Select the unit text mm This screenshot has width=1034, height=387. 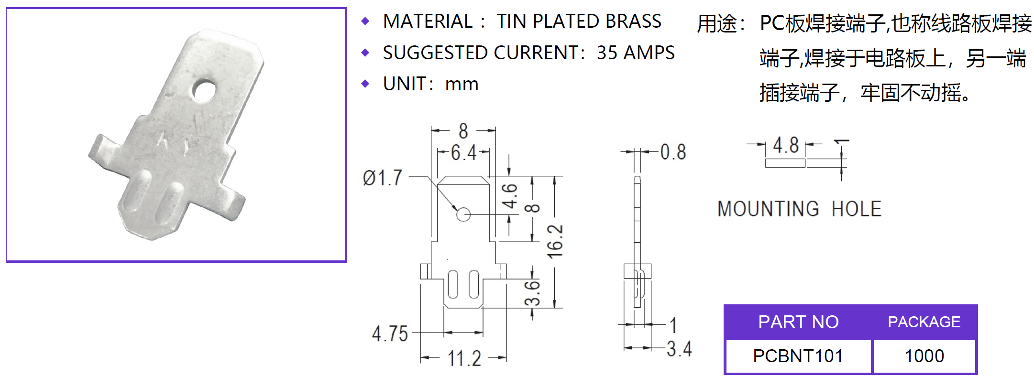462,85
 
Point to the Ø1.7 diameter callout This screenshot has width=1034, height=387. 383,178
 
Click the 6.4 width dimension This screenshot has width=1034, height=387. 464,153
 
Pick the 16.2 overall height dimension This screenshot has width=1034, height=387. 555,241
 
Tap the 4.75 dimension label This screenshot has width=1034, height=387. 390,333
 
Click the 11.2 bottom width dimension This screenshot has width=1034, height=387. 464,358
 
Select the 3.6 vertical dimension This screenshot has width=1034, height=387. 532,293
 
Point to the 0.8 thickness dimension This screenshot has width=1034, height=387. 673,152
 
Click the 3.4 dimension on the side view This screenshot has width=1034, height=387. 679,349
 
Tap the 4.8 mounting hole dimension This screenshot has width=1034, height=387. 786,145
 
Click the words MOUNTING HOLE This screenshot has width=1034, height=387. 799,209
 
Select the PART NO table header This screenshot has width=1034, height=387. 798,322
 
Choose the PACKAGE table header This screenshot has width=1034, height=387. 924,322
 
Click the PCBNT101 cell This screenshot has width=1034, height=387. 798,356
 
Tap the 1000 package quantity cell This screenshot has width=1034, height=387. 924,356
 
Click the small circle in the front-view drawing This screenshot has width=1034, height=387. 463,215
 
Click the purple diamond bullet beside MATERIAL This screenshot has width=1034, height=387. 365,21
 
